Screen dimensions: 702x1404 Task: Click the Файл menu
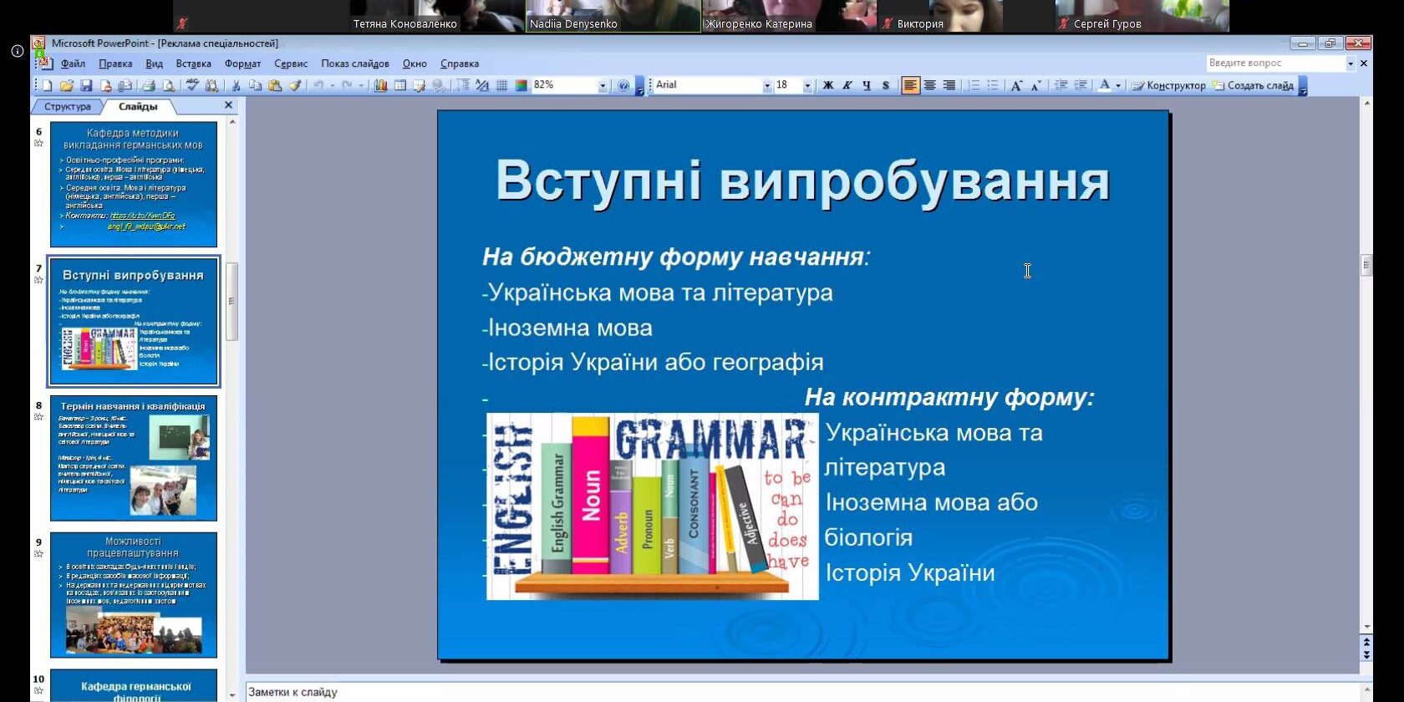coord(73,64)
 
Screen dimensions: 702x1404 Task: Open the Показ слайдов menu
coord(354,64)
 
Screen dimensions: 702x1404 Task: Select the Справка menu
coord(459,64)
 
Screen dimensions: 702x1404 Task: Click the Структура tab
coord(67,107)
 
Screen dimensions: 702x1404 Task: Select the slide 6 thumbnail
coord(134,184)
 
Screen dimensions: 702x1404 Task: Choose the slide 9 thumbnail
coord(134,594)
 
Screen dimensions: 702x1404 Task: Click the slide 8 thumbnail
coord(134,458)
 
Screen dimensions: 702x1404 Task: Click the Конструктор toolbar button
coord(1169,85)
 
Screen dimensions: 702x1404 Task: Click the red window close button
coord(1359,43)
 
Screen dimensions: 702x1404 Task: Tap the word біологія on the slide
coord(868,537)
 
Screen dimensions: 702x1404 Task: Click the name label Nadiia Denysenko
coord(573,24)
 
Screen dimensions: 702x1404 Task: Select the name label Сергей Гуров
coord(1106,24)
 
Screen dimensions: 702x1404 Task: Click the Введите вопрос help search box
coord(1275,64)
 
